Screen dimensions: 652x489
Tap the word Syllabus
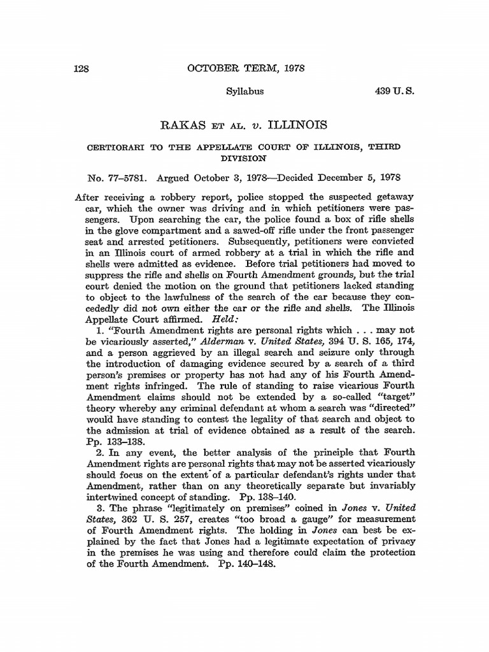tap(245, 92)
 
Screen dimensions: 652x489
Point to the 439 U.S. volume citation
tap(394, 92)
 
